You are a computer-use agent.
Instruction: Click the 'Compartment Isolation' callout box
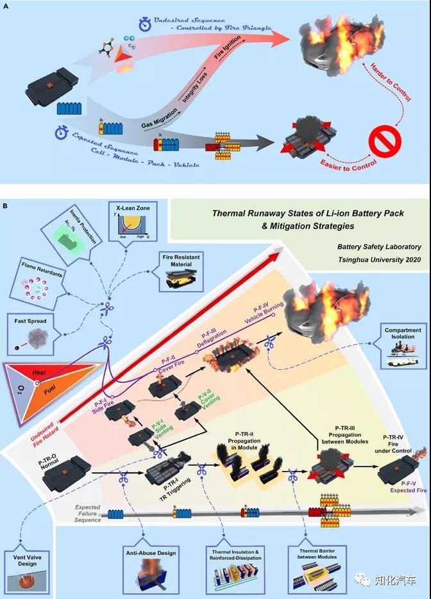click(403, 349)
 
